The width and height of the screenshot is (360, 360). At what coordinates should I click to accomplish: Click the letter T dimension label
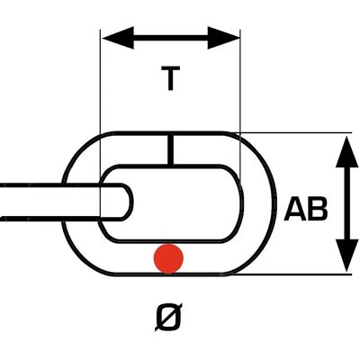click(x=170, y=78)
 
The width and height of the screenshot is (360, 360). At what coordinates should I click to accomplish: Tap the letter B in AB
click(x=317, y=209)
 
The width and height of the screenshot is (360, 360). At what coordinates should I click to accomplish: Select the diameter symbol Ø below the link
click(x=168, y=316)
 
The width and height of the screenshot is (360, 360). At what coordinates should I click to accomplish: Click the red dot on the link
click(x=168, y=258)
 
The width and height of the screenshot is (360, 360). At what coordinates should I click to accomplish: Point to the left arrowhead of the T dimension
click(x=118, y=38)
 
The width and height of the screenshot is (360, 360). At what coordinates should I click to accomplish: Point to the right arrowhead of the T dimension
click(x=224, y=38)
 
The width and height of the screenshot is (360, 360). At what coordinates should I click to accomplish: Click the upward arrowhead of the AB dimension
click(x=347, y=151)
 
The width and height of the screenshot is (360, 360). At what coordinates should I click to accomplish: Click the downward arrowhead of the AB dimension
click(x=347, y=256)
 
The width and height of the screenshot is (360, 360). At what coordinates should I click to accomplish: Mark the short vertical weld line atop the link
click(x=170, y=149)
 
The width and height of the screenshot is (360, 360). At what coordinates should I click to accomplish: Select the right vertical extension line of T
click(x=240, y=106)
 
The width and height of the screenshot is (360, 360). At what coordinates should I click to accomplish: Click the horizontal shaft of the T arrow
click(x=171, y=38)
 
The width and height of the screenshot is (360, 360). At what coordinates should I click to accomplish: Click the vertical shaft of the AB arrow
click(x=347, y=203)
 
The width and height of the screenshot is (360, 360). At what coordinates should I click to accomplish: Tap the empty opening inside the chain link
click(x=186, y=203)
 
